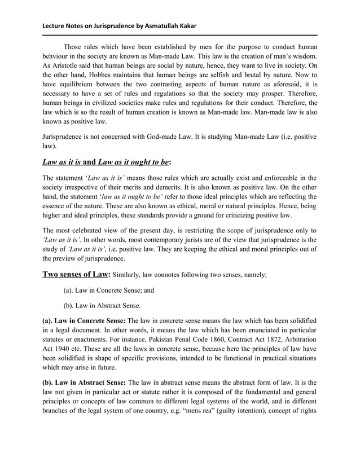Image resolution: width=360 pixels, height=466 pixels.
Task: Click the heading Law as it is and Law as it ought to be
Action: pos(106,162)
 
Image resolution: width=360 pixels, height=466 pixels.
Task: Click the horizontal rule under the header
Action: pos(180,36)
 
